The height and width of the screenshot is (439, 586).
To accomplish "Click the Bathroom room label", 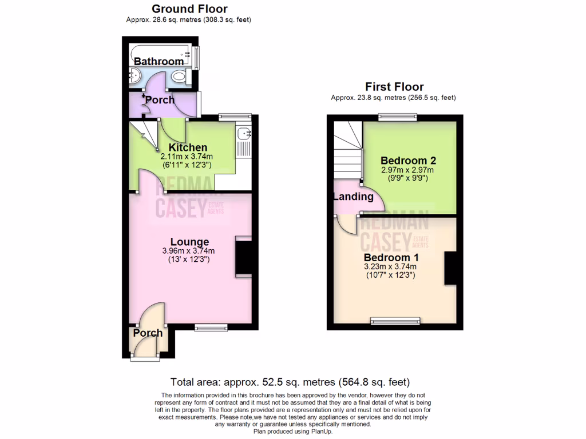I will point(159,61).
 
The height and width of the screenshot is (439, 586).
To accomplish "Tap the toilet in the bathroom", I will point(180,76).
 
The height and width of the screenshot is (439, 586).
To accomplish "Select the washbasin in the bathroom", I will point(135,75).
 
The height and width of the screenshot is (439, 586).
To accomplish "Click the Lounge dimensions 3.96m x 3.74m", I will point(189,251).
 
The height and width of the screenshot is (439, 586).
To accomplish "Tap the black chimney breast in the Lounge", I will point(243,258).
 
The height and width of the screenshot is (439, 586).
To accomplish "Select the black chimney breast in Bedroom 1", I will point(450,268).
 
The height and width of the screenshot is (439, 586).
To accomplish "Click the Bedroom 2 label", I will point(404,161).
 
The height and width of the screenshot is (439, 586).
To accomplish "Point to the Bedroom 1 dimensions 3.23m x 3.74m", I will point(390,266).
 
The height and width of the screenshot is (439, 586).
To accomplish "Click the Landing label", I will point(353,197).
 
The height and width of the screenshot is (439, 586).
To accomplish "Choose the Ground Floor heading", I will point(189,9).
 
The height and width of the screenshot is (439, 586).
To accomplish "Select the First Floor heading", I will point(394,87).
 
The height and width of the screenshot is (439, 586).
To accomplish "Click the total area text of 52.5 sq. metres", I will point(290,382).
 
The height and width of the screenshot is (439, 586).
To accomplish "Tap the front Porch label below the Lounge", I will point(148,333).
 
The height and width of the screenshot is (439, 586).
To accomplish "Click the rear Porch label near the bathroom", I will point(160,100).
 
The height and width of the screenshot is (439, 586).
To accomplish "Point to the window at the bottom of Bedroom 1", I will point(395,321).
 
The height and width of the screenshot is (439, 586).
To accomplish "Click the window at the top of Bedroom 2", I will point(397,117).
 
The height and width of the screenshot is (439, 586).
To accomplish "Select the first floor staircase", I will point(347,150).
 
